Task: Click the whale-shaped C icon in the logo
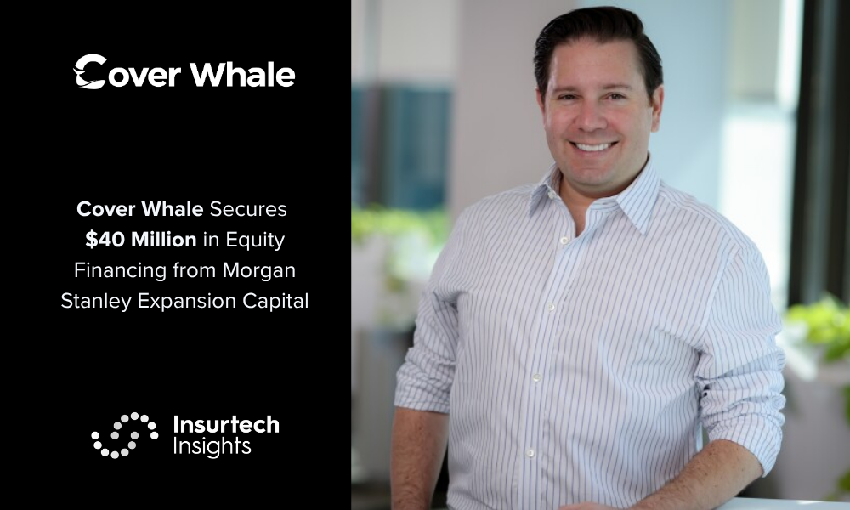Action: point(90,71)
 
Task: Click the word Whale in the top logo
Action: point(243,74)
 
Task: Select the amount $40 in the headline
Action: point(105,240)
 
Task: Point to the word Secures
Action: point(248,209)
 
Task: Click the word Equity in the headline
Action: point(255,241)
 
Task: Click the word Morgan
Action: point(259,271)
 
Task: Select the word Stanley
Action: point(96,302)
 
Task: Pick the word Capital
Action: point(275,302)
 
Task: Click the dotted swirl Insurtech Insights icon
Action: point(125,435)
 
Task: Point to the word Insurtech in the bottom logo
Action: point(226,424)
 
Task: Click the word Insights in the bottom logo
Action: point(212,446)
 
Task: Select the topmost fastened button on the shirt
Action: point(564,241)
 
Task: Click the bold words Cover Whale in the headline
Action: point(140,209)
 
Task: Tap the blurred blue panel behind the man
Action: point(402,147)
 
